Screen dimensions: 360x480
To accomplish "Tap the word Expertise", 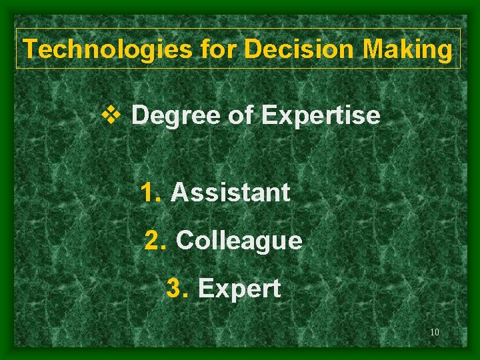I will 321,116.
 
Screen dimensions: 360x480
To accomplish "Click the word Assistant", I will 231,193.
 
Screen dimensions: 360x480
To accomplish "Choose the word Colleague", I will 239,241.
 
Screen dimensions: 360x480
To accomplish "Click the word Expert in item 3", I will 239,289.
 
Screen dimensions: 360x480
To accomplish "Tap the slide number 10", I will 434,333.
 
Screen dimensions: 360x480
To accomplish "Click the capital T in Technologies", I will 30,49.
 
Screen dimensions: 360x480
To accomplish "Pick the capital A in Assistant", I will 179,193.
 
